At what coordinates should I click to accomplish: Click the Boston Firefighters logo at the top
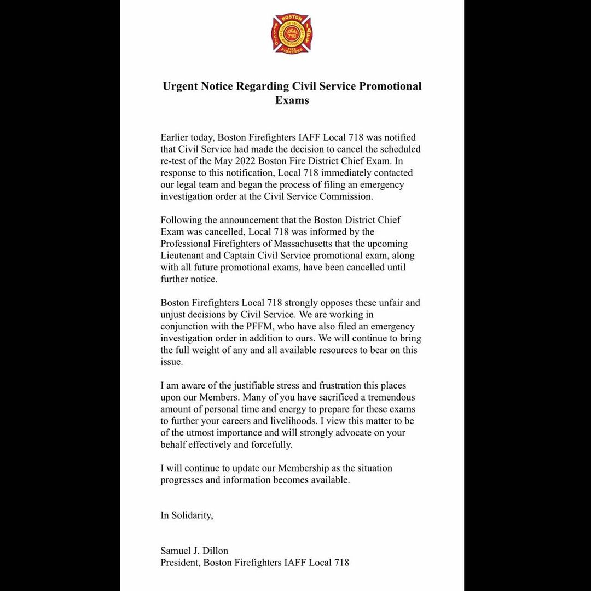(292, 33)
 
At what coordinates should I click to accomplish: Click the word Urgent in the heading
(181, 86)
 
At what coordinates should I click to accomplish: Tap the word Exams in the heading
(292, 101)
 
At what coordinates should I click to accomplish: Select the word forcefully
(273, 445)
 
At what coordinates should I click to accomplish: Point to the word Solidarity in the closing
(192, 515)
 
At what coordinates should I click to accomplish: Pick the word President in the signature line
(179, 563)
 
